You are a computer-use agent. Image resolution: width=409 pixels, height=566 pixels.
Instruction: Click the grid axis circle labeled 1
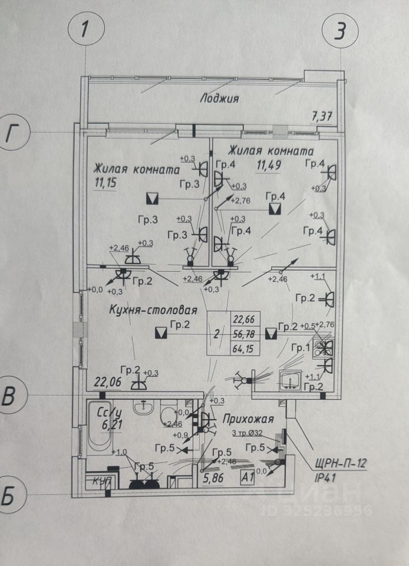[x=86, y=29]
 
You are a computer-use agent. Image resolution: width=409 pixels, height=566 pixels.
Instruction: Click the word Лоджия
[x=218, y=98]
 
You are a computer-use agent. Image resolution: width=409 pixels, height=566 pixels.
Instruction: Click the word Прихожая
[x=248, y=419]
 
